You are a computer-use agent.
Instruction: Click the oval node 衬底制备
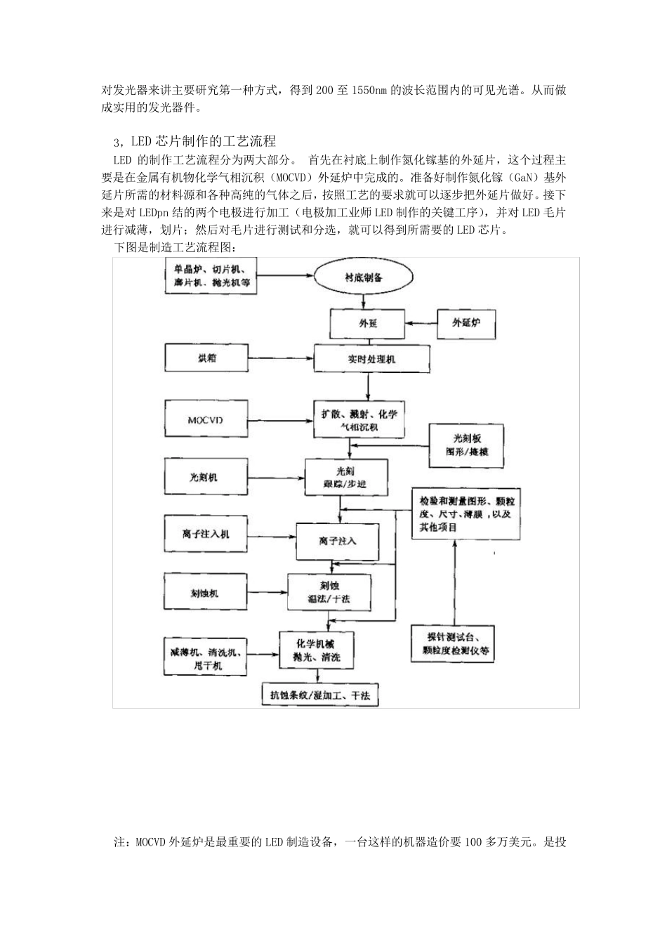tap(363, 277)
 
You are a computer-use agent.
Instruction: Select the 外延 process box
tap(358, 323)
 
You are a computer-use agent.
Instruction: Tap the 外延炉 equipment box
tap(467, 323)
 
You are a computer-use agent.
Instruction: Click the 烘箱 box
tap(206, 358)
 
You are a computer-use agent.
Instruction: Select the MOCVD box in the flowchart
tap(205, 420)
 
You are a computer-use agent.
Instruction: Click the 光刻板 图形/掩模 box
tap(467, 445)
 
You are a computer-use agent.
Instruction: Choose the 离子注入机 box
tap(206, 534)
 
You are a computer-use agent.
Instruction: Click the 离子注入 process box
tap(337, 541)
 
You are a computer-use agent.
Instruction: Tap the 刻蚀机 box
tap(205, 593)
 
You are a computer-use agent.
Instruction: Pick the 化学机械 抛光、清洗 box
tap(316, 650)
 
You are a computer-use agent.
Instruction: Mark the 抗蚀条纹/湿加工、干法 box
tap(320, 695)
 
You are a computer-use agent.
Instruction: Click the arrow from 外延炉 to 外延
tap(411, 323)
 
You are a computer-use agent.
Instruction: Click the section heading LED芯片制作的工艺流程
tap(204, 143)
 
